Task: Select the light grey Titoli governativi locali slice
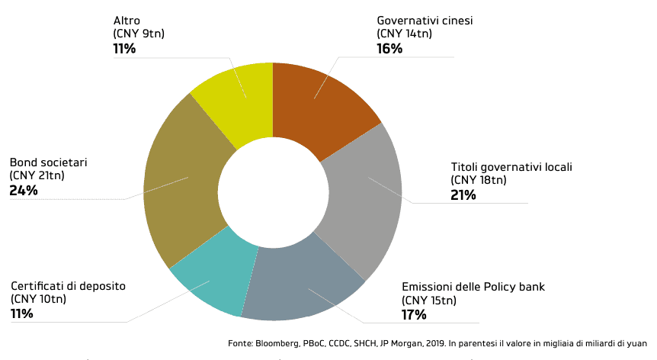362,198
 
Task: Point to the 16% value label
389,49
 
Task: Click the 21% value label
463,194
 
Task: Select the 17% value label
414,315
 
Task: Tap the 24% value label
24,191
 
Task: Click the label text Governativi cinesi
425,21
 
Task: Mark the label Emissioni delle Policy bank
473,288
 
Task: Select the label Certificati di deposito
68,286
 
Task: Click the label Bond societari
48,162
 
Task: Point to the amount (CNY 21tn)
37,176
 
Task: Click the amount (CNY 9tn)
138,34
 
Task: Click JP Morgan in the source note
412,344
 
